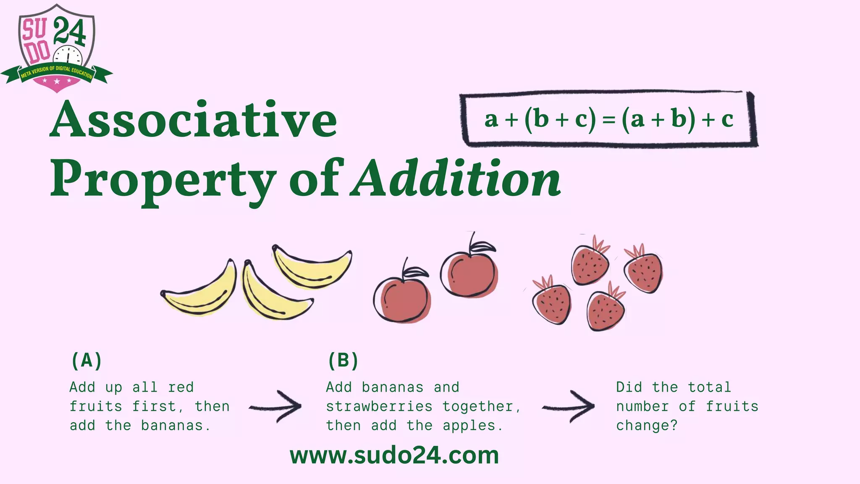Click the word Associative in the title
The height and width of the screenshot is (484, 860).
point(193,120)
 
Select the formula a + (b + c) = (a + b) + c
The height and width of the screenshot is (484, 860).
point(608,119)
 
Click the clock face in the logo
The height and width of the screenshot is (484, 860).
point(68,57)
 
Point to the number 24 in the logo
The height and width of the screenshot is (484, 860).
point(70,31)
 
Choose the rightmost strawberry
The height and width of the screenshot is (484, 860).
point(643,272)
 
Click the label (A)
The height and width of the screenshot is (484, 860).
point(87,360)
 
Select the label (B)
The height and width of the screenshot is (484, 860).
point(343,360)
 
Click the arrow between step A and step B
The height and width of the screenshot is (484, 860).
point(276,407)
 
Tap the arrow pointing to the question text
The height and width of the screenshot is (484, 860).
point(569,407)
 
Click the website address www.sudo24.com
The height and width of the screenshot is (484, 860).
point(394,455)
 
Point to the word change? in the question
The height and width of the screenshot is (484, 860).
point(647,426)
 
